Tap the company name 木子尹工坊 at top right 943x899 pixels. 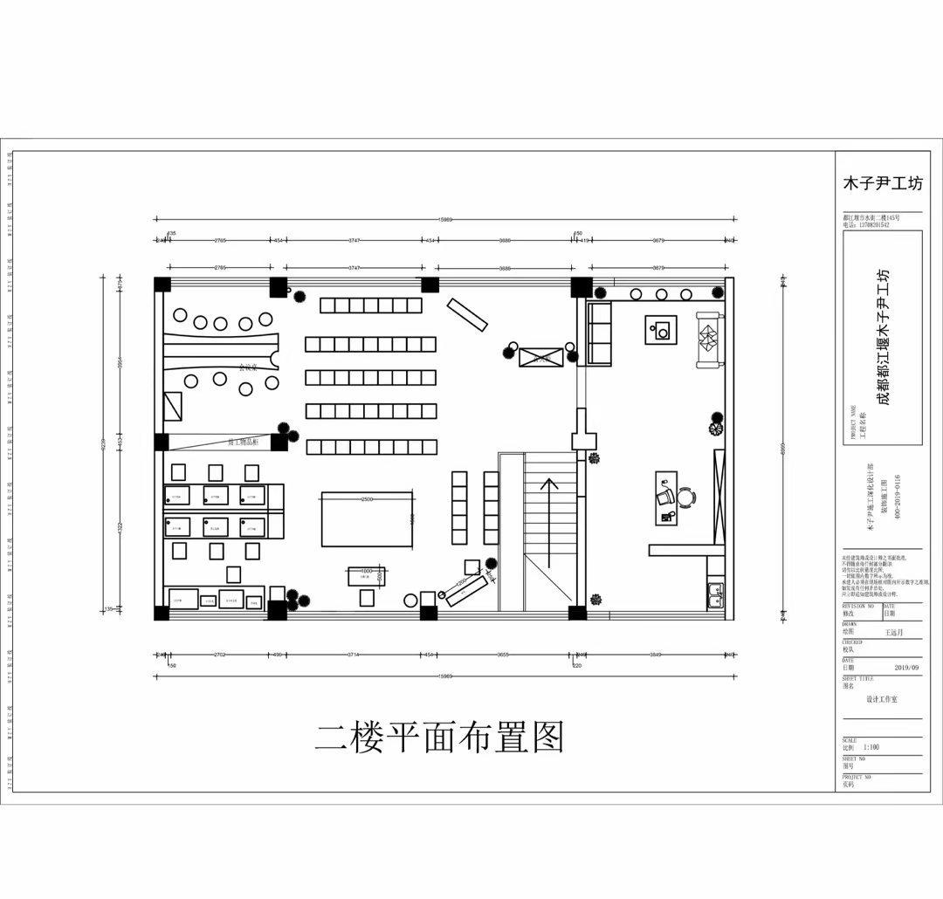pyautogui.click(x=881, y=184)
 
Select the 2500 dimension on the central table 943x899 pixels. pyautogui.click(x=367, y=499)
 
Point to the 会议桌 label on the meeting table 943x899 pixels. pyautogui.click(x=250, y=367)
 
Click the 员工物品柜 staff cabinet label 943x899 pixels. pyautogui.click(x=242, y=443)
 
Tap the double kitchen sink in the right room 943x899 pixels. pyautogui.click(x=715, y=594)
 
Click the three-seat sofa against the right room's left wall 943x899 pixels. pyautogui.click(x=600, y=333)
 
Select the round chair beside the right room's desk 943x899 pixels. pyautogui.click(x=685, y=497)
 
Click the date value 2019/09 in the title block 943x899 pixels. pyautogui.click(x=906, y=668)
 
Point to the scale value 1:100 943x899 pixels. pyautogui.click(x=871, y=747)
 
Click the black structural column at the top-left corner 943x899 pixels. pyautogui.click(x=162, y=285)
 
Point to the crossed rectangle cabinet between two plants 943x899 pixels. pyautogui.click(x=539, y=356)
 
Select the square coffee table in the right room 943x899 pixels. pyautogui.click(x=661, y=331)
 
